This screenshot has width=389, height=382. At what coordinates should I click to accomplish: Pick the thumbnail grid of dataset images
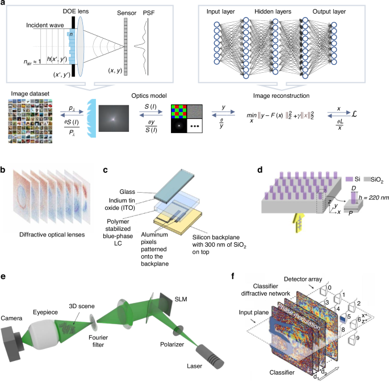pyautogui.click(x=28, y=118)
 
